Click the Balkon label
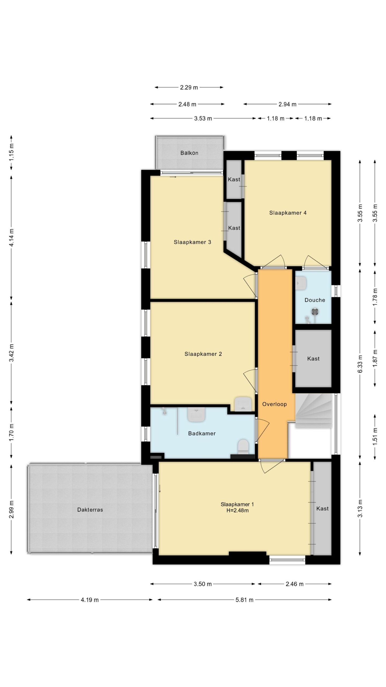189,153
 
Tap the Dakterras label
90,510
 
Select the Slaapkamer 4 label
288,213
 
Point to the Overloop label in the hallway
274,404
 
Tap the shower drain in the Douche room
315,312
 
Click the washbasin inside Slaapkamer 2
243,404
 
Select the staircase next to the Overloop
314,411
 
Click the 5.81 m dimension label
244,600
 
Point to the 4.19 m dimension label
90,600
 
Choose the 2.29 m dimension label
189,87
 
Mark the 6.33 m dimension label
360,364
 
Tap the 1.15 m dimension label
12,152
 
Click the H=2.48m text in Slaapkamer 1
237,510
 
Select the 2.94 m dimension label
287,104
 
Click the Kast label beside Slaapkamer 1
322,509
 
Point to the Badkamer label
202,433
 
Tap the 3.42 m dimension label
12,353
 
